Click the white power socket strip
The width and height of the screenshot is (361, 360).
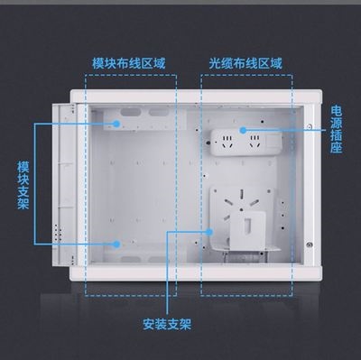(x=245, y=141)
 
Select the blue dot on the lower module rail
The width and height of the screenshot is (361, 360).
(x=118, y=244)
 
